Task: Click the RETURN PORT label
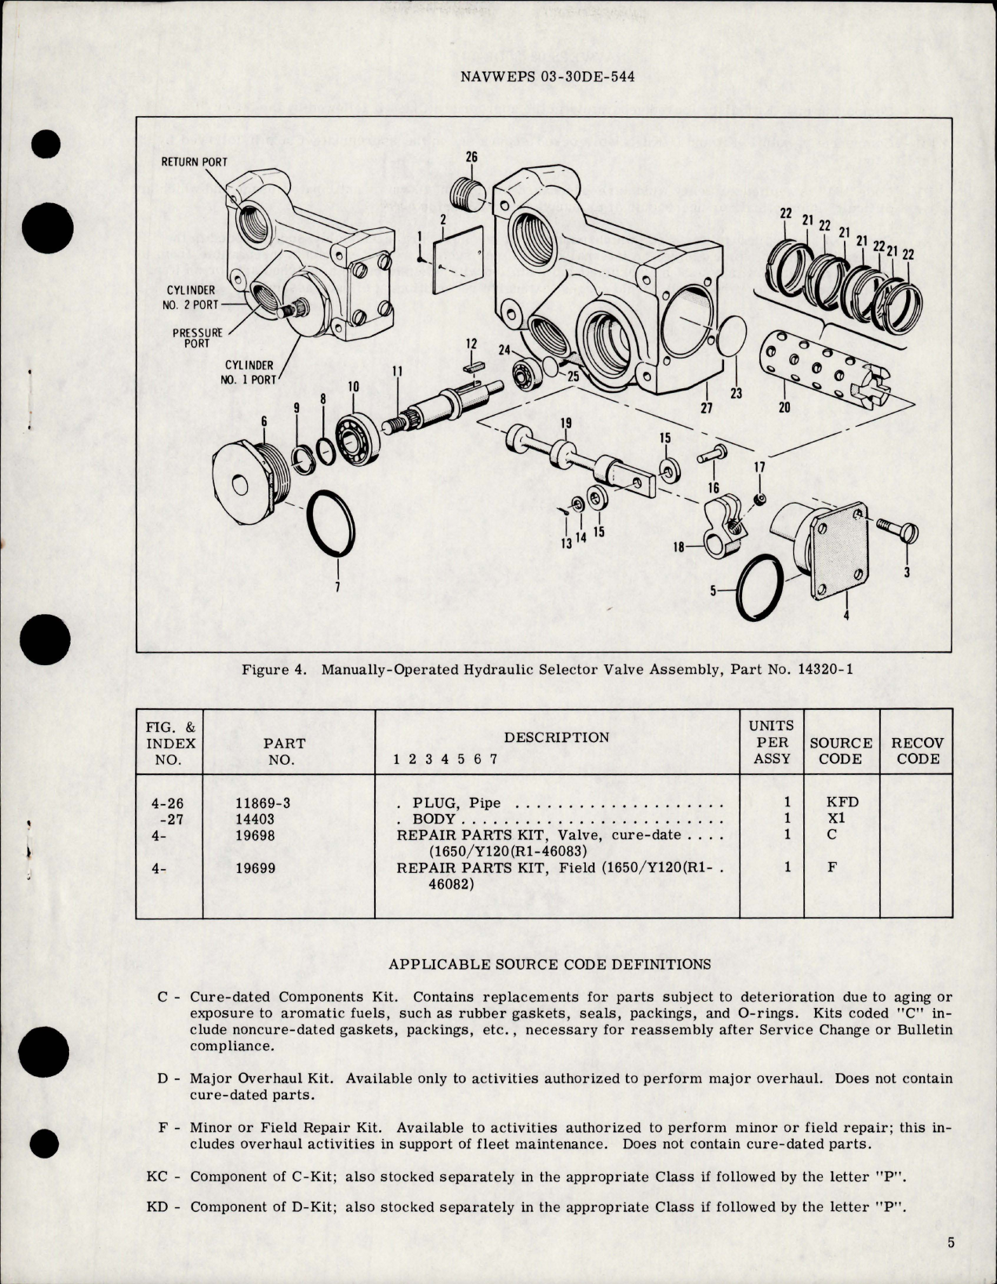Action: (194, 162)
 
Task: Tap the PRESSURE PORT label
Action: (198, 337)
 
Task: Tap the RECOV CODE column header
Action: (918, 751)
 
